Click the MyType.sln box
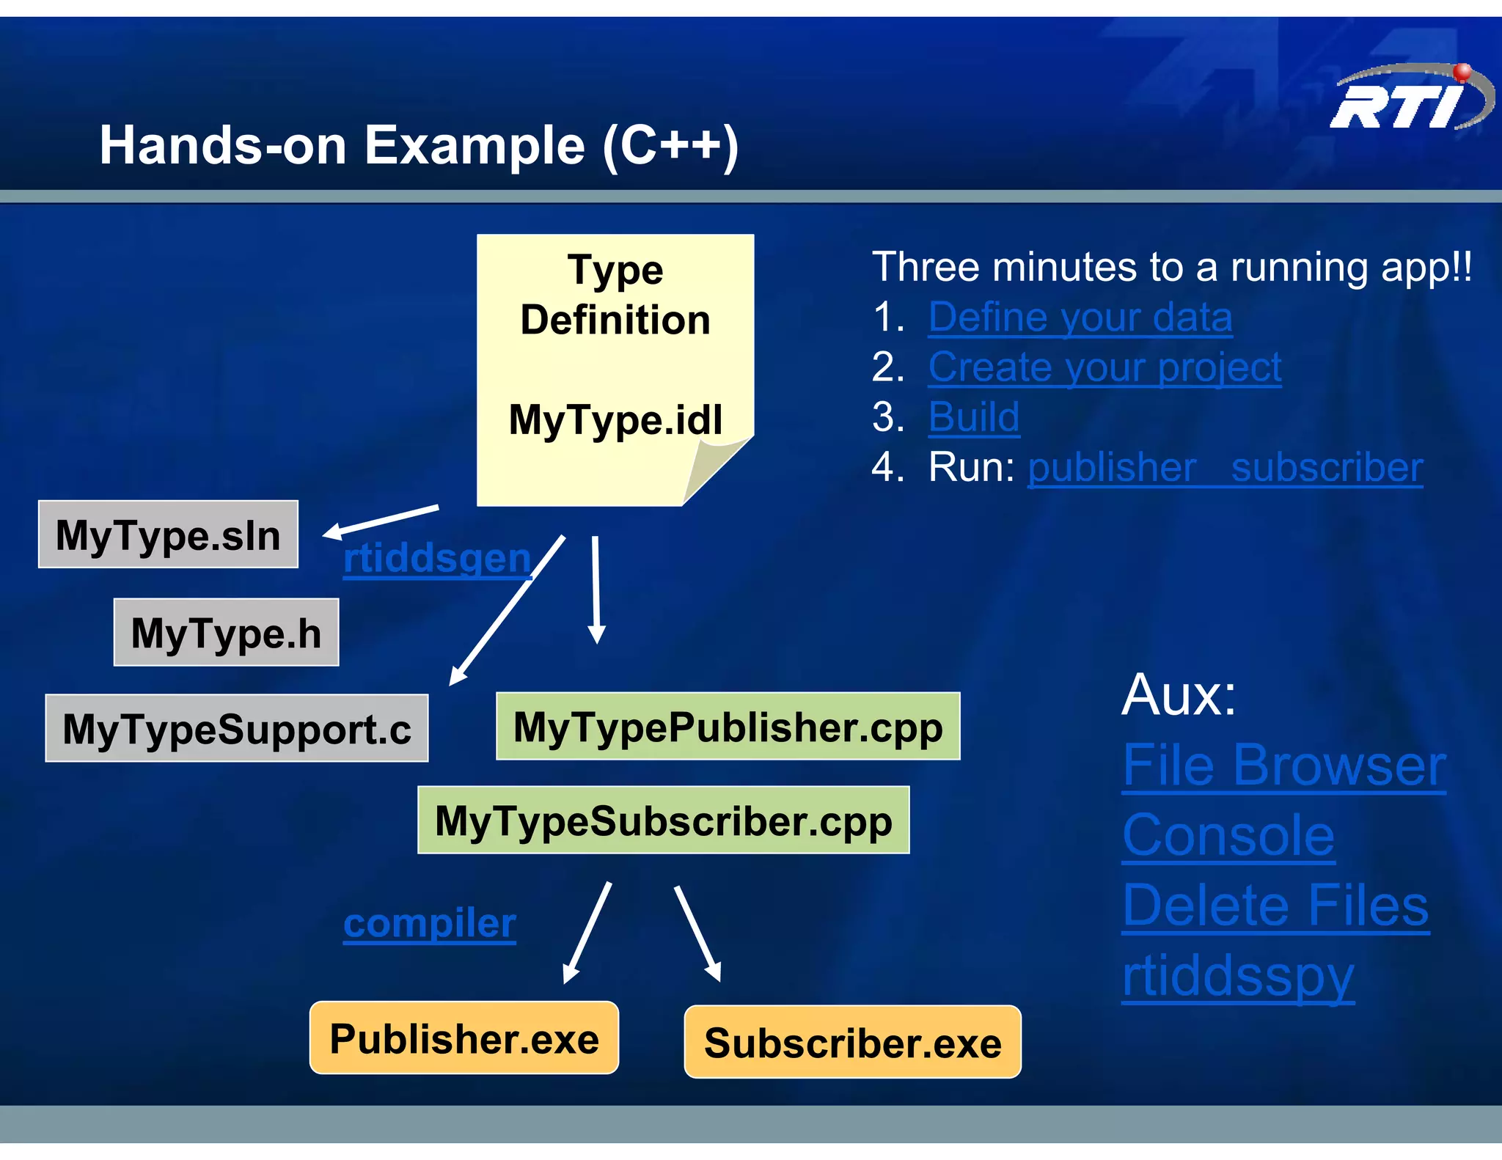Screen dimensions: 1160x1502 [x=168, y=535]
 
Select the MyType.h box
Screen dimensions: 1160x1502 [x=226, y=632]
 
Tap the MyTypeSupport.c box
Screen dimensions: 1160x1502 [x=236, y=728]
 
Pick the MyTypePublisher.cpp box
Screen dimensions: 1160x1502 [x=728, y=726]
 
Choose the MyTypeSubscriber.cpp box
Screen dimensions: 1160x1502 [x=663, y=820]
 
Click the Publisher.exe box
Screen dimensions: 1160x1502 [x=464, y=1038]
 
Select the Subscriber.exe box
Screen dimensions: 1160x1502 [x=852, y=1042]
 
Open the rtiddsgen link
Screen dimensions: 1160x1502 [x=437, y=558]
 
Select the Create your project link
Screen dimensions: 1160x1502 [x=1104, y=367]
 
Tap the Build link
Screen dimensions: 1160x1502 [x=974, y=416]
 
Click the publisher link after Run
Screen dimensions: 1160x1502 [x=1112, y=467]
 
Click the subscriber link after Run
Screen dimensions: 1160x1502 [x=1327, y=467]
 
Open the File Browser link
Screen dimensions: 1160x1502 [x=1284, y=765]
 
